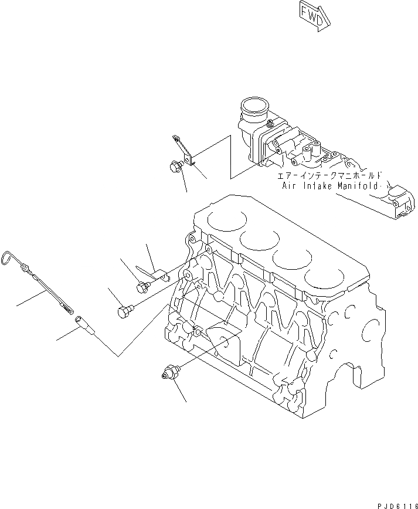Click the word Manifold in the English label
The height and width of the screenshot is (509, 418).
click(357, 186)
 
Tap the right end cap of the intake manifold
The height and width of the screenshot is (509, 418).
click(403, 202)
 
